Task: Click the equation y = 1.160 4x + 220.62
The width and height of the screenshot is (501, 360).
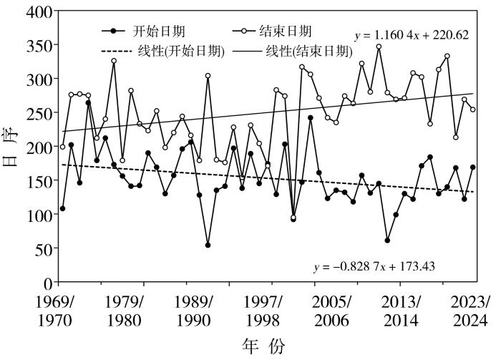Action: (x=411, y=34)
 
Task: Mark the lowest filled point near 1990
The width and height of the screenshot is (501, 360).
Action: (x=208, y=245)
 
